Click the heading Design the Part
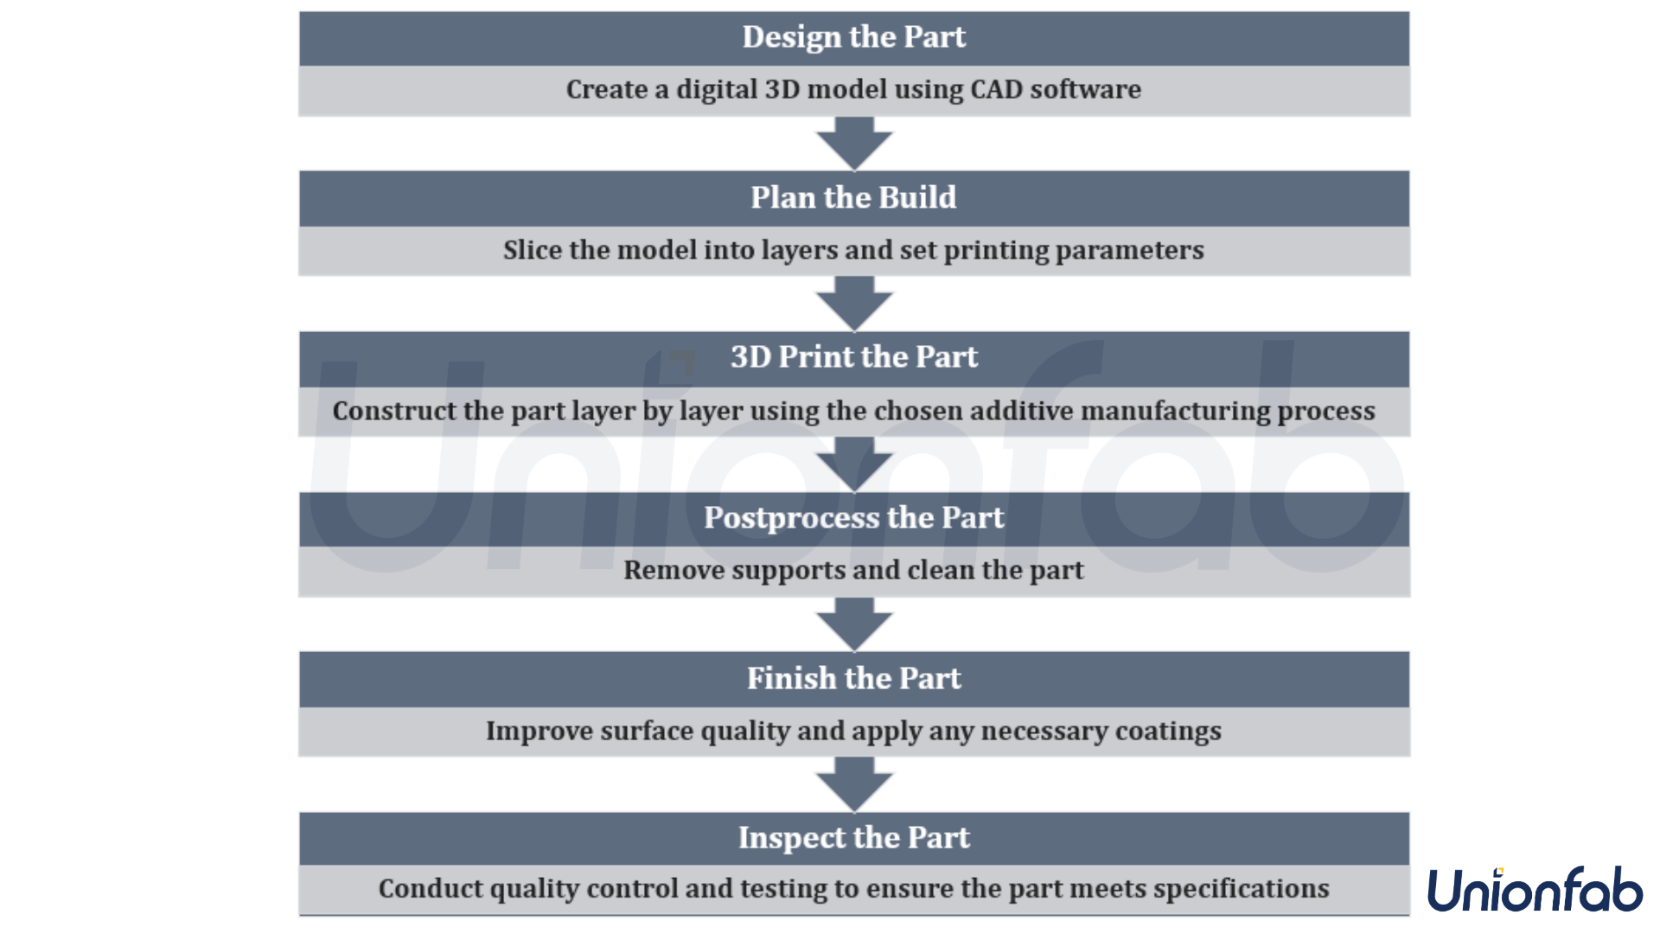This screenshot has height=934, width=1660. click(x=853, y=37)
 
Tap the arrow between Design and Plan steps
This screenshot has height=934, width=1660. click(x=854, y=144)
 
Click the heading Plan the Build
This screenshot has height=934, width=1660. click(x=853, y=197)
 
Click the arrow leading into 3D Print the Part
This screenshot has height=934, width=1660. click(x=854, y=304)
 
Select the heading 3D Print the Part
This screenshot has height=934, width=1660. click(x=853, y=357)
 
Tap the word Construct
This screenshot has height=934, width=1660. click(x=393, y=411)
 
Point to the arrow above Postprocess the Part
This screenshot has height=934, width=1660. click(x=854, y=464)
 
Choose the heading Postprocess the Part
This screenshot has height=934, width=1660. click(x=853, y=517)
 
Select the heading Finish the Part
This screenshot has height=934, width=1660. click(x=853, y=678)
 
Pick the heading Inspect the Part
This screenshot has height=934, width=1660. click(x=853, y=838)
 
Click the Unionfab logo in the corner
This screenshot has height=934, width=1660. click(x=1535, y=891)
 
